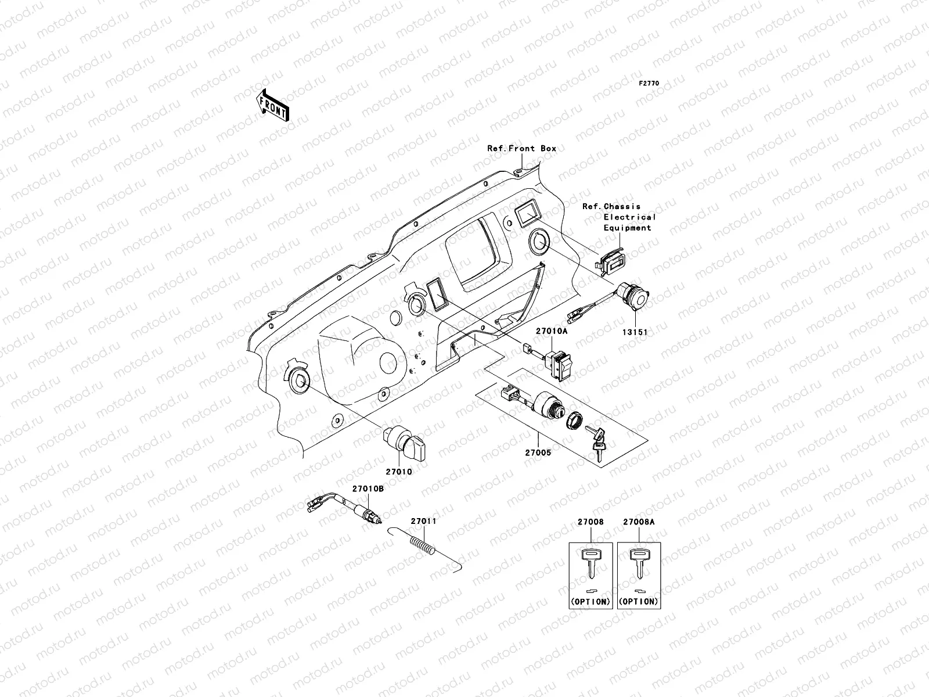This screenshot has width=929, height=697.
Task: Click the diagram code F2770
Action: pos(649,84)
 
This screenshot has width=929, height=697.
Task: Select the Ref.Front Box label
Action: pos(521,149)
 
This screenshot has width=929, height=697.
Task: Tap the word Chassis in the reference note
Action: pos(622,207)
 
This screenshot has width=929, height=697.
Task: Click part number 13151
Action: pos(636,332)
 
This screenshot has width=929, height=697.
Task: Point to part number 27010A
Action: pos(551,330)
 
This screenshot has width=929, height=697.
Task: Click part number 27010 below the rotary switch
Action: pos(398,472)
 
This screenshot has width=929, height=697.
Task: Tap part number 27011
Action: pos(423,521)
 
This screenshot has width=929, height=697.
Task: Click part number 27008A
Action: pos(639,522)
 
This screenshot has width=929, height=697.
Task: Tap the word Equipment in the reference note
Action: pos(627,228)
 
